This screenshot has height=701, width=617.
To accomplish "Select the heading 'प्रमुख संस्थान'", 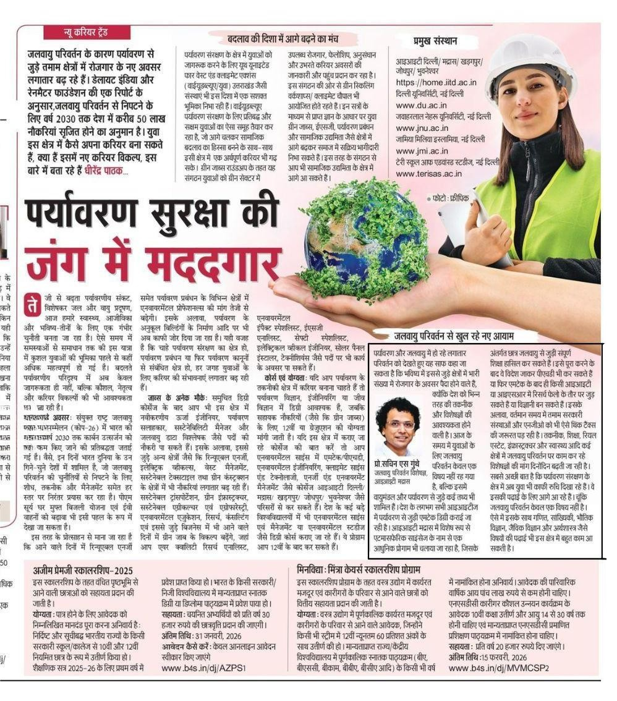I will tap(436, 41).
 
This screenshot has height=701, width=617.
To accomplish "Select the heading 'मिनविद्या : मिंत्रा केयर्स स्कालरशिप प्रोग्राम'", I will tap(359, 569).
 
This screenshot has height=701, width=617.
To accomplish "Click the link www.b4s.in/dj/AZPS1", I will tap(204, 668).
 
